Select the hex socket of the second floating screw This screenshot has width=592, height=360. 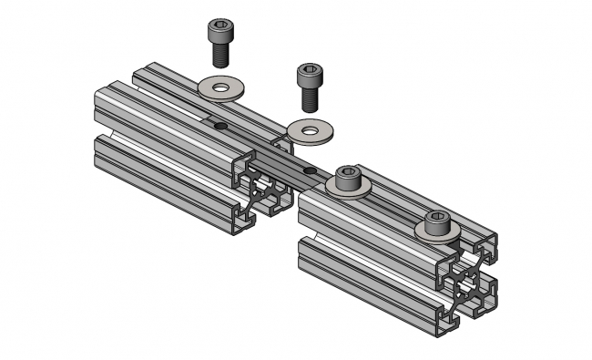point(310,69)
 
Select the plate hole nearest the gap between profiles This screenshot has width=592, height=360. point(310,170)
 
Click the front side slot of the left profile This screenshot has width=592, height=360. point(164,173)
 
